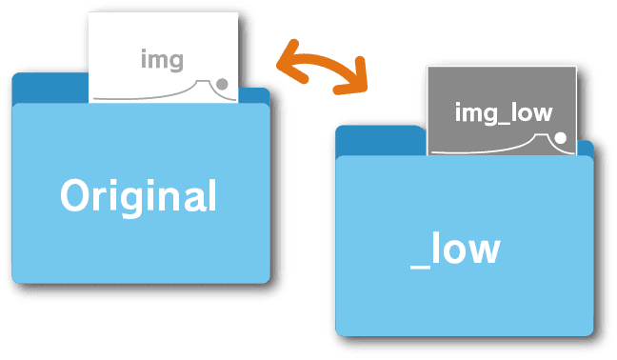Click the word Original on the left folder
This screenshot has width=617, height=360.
138,196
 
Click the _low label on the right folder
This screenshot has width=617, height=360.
454,249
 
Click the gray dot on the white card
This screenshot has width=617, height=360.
223,84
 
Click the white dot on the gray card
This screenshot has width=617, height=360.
561,138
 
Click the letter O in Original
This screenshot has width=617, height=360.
76,196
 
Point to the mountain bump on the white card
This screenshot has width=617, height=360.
202,86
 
